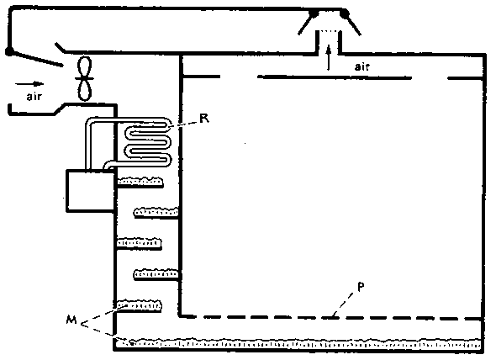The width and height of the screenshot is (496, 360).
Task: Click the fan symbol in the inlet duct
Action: coord(85,78)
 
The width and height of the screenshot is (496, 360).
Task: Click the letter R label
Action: coord(204,118)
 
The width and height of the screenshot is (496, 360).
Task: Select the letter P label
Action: coord(361,287)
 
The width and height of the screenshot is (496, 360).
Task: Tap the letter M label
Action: coord(71,320)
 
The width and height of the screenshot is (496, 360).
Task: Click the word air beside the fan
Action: coord(34,96)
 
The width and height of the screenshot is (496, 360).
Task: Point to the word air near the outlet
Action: coord(361,66)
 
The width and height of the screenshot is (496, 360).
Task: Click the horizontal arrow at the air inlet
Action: coord(29,84)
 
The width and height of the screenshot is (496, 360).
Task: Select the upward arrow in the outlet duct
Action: coord(329,57)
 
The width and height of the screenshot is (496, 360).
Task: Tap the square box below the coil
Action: coord(90,191)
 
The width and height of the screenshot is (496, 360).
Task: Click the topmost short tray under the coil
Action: coord(140,182)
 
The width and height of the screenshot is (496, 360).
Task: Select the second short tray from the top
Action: coord(156,212)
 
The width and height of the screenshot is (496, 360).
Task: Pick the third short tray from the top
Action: coord(140,243)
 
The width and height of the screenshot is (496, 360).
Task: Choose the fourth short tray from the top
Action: coord(156,274)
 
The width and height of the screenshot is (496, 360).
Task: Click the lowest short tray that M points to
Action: coord(140,305)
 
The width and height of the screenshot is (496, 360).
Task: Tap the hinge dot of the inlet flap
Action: coord(9,51)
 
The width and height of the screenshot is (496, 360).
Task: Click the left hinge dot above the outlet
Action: coord(313,13)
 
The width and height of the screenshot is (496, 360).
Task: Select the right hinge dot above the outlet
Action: coord(344,13)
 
